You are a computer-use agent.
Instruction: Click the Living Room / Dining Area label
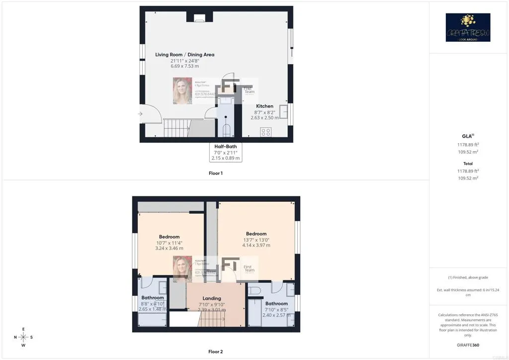coord(184,55)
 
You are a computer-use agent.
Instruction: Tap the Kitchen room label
coord(264,106)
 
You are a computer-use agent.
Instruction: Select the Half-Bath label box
coord(226,152)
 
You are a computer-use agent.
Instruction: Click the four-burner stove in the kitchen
coord(266,132)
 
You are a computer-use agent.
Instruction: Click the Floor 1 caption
coord(216,173)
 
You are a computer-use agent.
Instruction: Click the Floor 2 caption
coord(216,352)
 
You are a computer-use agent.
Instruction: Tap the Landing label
coord(212,298)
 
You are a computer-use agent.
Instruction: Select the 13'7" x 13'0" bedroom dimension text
coord(256,240)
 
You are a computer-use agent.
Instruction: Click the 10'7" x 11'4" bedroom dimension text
coord(169,243)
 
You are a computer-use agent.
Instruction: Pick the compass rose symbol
coord(23,337)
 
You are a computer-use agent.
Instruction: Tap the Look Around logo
coord(468,27)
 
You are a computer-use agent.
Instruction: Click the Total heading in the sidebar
coord(468,164)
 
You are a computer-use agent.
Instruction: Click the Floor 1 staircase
coord(176,128)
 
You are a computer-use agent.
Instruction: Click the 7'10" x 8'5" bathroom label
coord(276,309)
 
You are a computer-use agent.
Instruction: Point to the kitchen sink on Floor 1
coord(284,111)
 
